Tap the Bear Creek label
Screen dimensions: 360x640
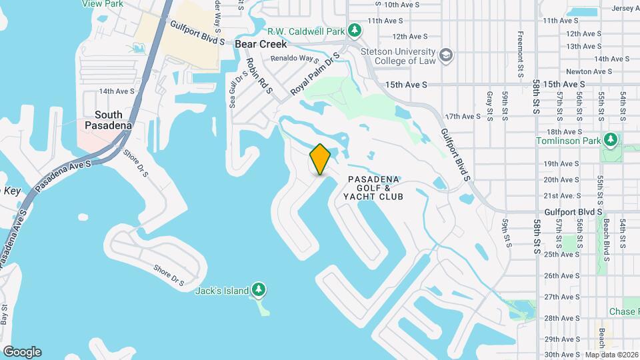coord(261,44)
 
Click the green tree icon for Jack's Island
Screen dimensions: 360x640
coord(259,290)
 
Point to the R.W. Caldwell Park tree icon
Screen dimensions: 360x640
coord(355,31)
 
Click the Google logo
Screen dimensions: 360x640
coord(21,352)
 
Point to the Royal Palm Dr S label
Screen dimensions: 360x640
coord(315,73)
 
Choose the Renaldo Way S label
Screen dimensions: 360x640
coord(291,58)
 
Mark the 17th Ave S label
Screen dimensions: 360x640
coord(462,116)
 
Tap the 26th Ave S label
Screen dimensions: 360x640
coord(559,275)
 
